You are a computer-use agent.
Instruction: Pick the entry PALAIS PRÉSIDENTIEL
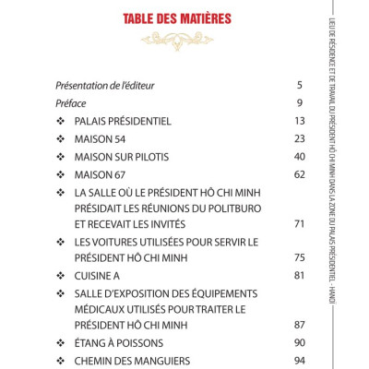[x=124, y=121]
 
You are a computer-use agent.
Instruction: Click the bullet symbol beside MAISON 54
[x=60, y=138]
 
